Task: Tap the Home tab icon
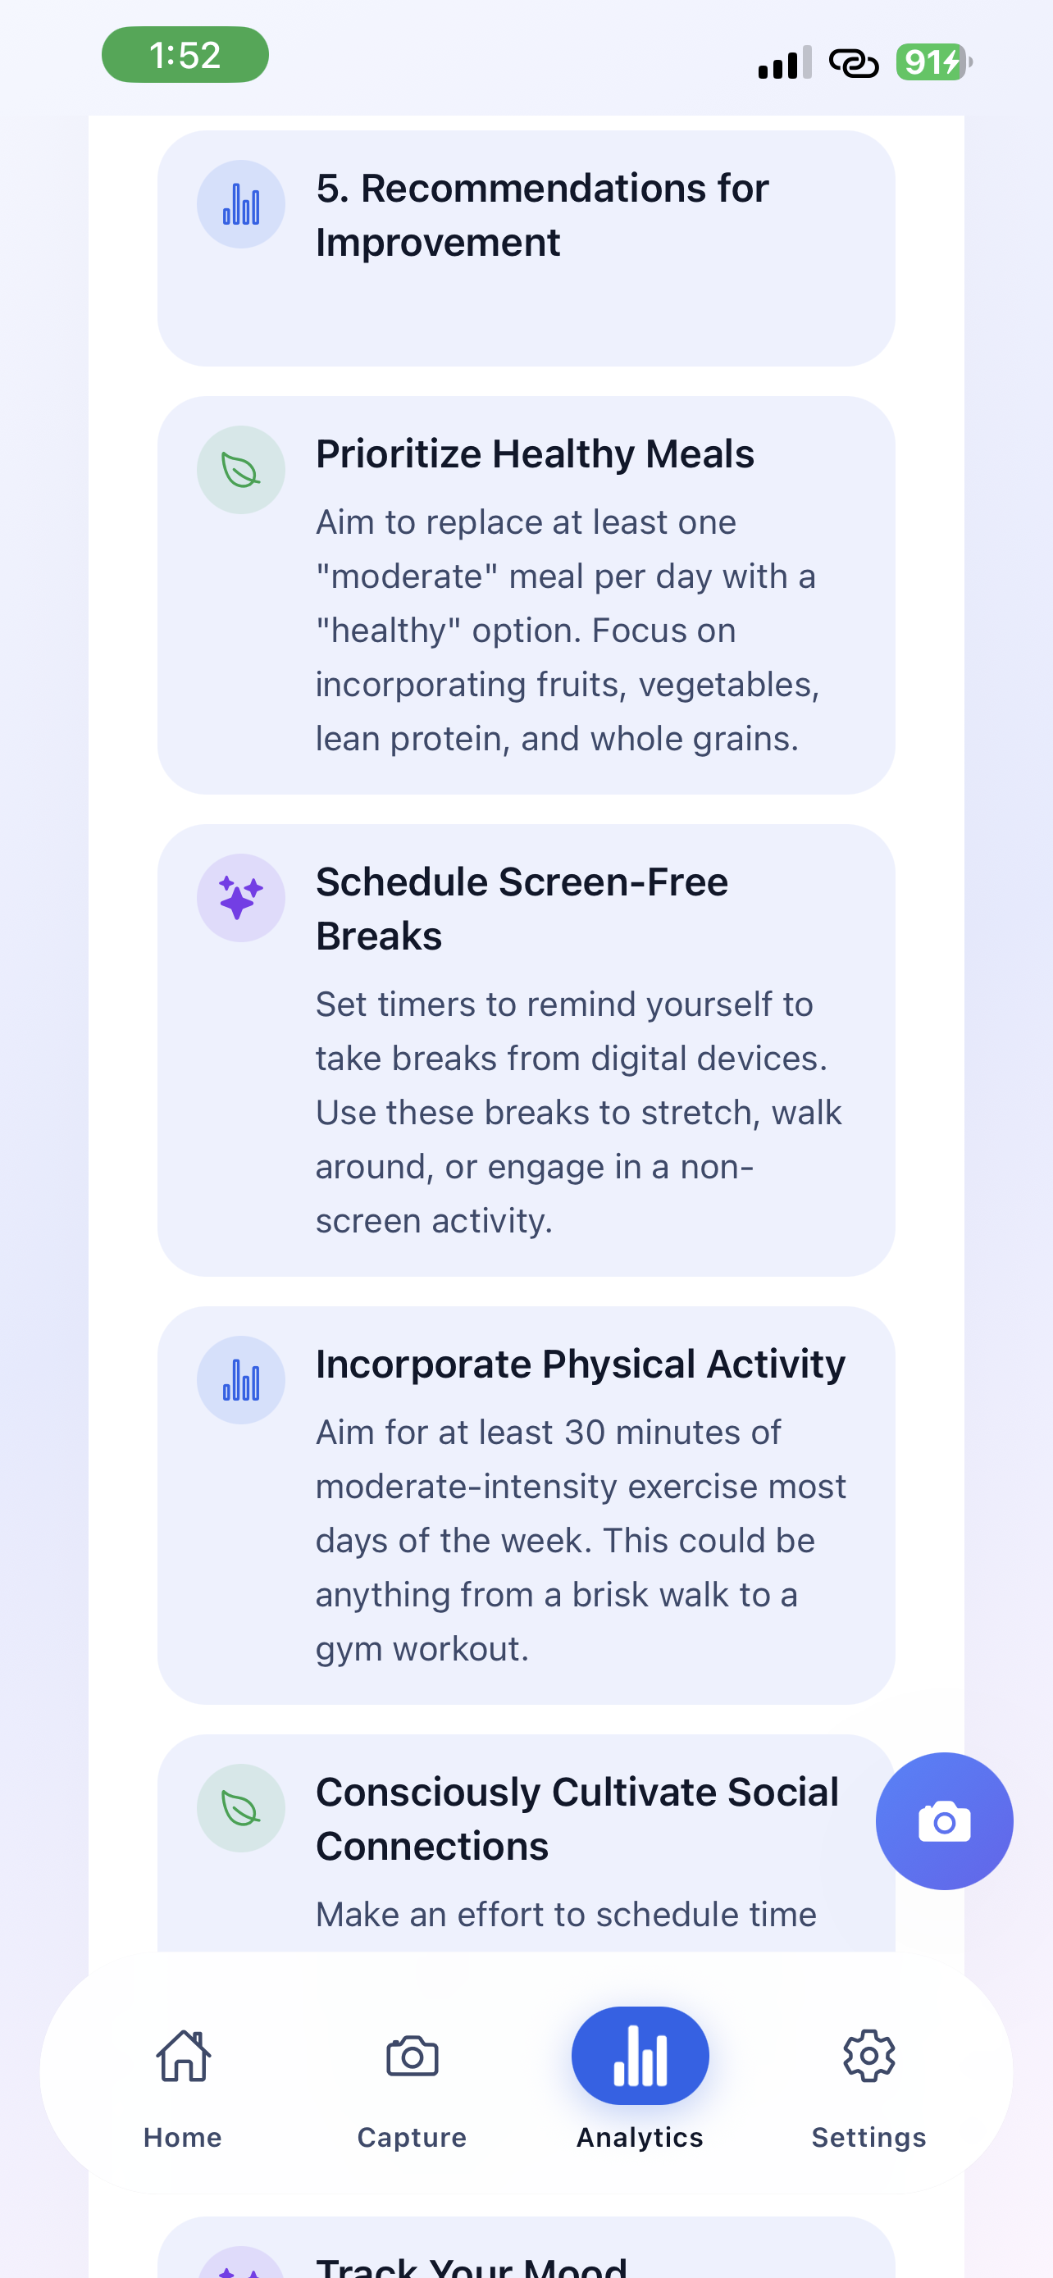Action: [x=183, y=2056]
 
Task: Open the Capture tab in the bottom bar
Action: [x=412, y=2056]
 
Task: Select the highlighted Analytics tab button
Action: [x=640, y=2056]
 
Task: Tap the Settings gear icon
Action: [x=868, y=2056]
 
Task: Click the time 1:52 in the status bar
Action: [x=185, y=56]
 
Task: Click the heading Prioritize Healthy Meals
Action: [x=535, y=454]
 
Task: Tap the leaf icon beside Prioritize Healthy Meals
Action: [x=240, y=471]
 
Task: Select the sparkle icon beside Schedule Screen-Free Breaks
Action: [x=240, y=899]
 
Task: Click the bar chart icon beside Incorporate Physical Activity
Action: [x=240, y=1380]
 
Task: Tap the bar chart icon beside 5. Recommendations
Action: [x=240, y=204]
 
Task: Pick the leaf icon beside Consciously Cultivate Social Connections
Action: [x=240, y=1808]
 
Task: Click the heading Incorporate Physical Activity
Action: [x=580, y=1365]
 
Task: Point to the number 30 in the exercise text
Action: [x=584, y=1433]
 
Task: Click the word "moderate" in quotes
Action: [x=406, y=576]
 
